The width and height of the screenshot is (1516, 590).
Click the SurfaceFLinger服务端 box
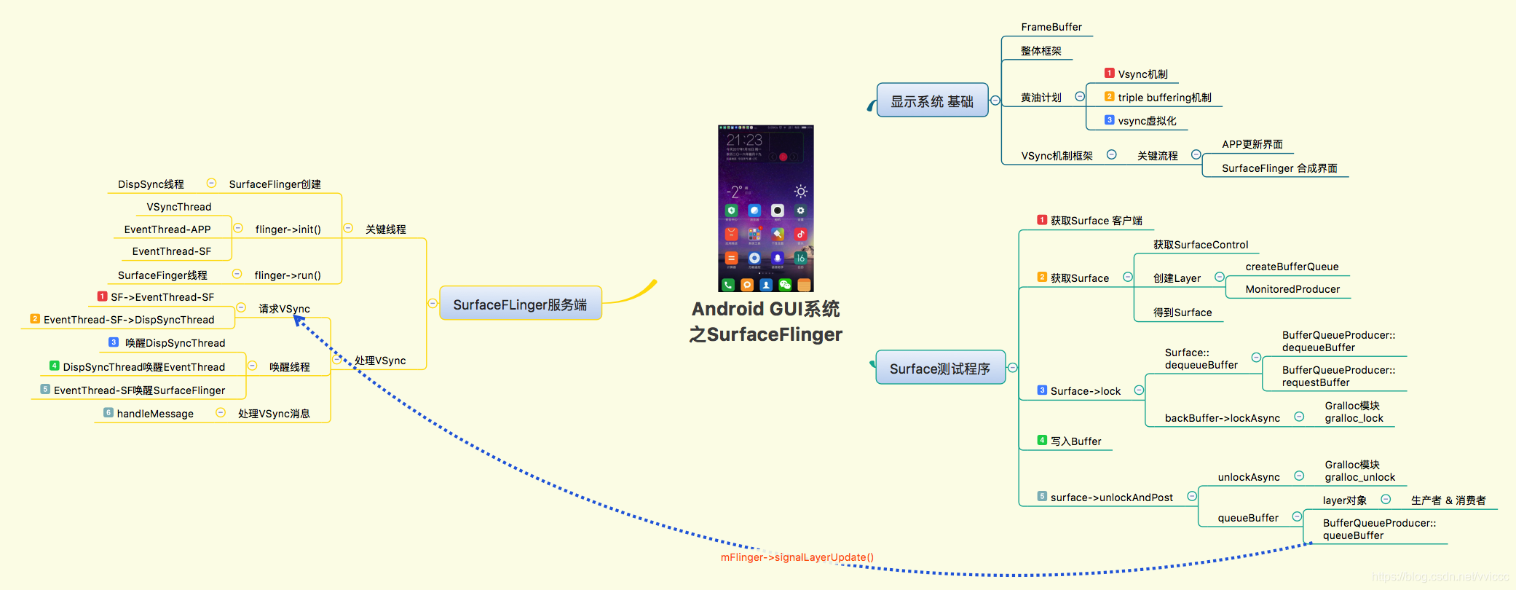tap(520, 304)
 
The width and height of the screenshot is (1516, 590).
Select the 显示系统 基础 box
tap(932, 101)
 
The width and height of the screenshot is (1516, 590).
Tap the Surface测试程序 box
tap(939, 368)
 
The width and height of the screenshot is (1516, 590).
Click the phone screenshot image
tap(765, 208)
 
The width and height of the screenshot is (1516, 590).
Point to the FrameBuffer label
tap(1051, 27)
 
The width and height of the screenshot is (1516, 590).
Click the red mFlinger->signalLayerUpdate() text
tap(797, 557)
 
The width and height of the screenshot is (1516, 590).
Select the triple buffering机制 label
tap(1164, 98)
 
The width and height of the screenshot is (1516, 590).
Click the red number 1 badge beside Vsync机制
tap(1109, 73)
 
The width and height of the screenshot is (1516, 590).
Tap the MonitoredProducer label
tap(1292, 289)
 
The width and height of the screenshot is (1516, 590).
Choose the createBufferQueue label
tap(1292, 267)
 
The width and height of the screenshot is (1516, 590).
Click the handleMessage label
tap(155, 414)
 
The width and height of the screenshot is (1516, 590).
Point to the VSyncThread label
tap(178, 207)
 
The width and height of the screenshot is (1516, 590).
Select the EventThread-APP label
tap(167, 229)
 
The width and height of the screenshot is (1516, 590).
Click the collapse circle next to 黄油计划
tap(1080, 97)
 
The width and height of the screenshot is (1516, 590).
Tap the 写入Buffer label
tap(1075, 441)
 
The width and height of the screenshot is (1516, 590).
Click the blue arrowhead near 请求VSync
tap(299, 320)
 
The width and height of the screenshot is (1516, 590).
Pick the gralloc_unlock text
tap(1359, 477)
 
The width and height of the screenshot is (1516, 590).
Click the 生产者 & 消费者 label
tap(1448, 500)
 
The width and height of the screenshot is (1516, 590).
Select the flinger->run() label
tap(287, 275)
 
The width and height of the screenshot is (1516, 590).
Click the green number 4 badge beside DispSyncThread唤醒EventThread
tap(54, 366)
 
